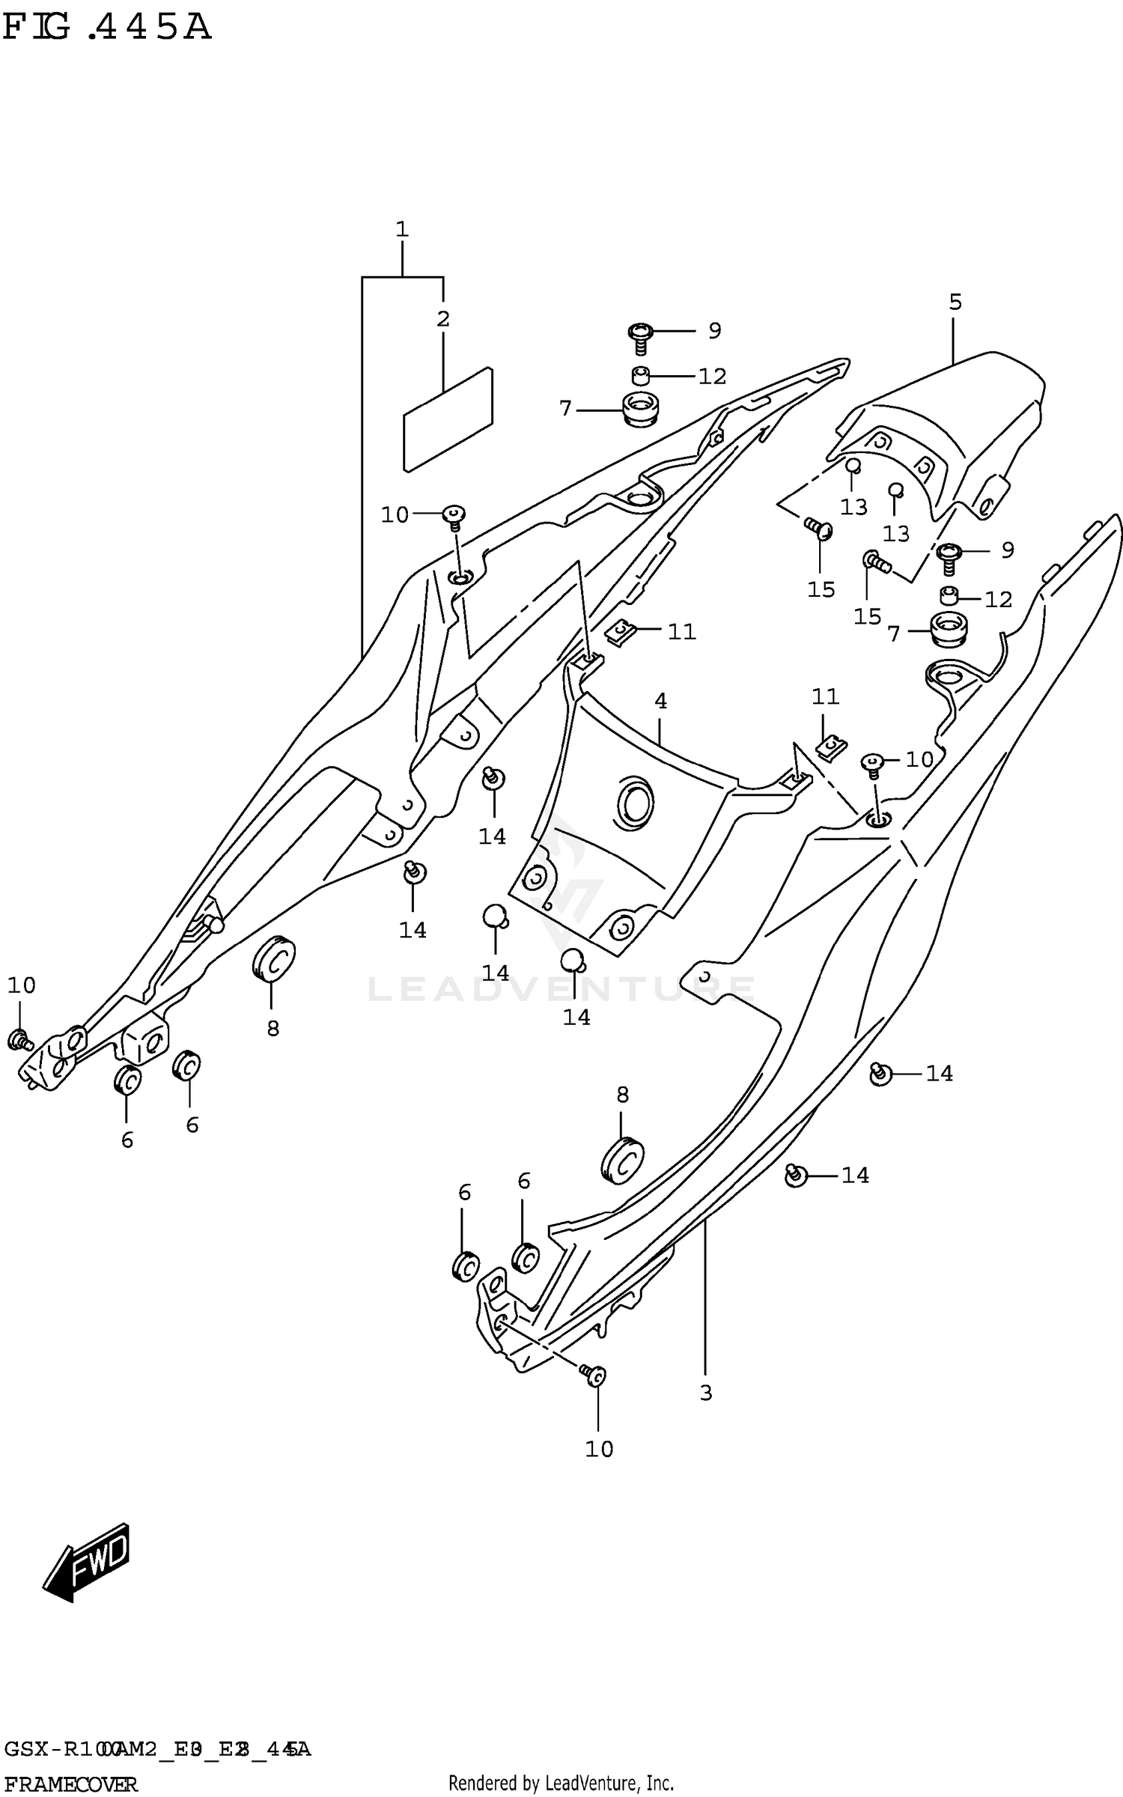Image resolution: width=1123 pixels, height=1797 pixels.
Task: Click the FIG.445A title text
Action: point(106,28)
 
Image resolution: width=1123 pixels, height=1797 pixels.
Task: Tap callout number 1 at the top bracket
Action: point(402,229)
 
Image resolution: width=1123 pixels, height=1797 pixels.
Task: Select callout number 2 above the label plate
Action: point(443,319)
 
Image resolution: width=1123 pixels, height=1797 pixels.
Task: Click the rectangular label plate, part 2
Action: point(448,419)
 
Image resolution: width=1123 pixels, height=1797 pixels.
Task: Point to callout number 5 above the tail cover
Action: point(955,302)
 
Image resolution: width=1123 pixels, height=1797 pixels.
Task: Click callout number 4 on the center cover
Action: point(660,702)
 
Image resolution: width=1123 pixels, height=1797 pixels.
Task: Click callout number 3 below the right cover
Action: point(705,1393)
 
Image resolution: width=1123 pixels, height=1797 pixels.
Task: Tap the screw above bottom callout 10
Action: point(594,1375)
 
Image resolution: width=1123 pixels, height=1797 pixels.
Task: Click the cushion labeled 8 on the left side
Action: point(273,958)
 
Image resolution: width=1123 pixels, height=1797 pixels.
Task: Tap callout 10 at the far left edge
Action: point(22,985)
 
